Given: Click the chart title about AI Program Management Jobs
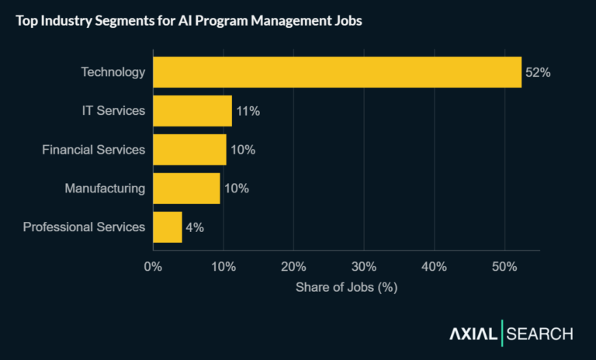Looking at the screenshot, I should [189, 21].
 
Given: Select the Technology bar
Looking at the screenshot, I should [337, 72].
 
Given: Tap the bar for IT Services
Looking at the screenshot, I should [192, 111].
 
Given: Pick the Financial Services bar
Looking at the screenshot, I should [189, 150].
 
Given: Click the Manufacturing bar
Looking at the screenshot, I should [186, 189].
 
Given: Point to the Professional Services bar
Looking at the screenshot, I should [168, 227].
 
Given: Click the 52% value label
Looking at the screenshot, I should [538, 72].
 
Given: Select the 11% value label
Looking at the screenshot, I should [248, 111].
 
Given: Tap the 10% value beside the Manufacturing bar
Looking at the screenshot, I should [236, 189].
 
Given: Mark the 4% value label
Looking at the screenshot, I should [194, 227].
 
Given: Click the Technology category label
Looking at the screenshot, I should [113, 72].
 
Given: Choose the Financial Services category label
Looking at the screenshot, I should [93, 150].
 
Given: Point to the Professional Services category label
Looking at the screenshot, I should [84, 227].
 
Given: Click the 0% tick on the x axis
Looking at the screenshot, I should [153, 268].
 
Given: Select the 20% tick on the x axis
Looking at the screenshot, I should [293, 268].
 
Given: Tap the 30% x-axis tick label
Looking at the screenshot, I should [364, 268].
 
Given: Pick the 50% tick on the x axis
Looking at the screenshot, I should [504, 268].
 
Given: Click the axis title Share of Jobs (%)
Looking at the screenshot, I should [346, 287].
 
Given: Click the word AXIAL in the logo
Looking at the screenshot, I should [473, 334].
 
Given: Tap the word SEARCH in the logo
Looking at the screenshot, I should [540, 334].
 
